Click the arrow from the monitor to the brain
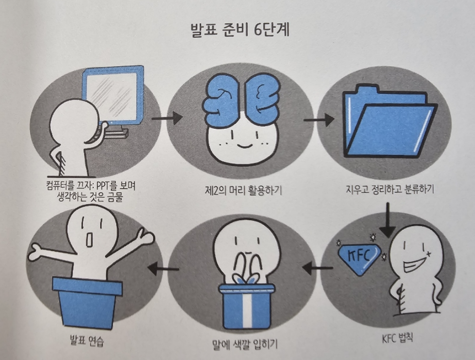tap(163, 118)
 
